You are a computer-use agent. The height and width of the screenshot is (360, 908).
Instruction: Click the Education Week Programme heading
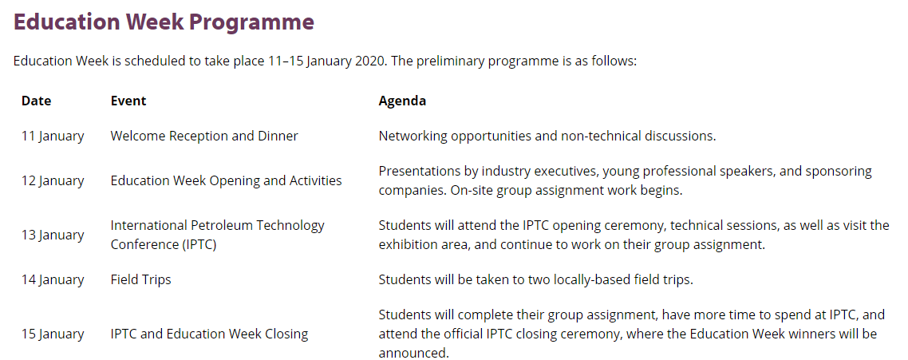[x=164, y=23]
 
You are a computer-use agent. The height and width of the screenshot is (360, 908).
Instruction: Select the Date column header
[x=37, y=101]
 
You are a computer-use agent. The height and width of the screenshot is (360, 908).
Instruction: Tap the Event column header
[x=128, y=101]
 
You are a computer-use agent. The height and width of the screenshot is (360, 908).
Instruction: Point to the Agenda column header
[x=402, y=101]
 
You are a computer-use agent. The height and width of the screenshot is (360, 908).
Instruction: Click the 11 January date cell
[x=53, y=136]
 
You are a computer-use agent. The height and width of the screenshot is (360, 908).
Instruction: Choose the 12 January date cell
[x=53, y=181]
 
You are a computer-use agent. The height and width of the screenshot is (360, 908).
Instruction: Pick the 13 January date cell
[x=53, y=235]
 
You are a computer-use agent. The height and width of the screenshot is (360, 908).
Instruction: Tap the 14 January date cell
[x=53, y=280]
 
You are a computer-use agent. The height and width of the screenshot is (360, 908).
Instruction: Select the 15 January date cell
[x=53, y=334]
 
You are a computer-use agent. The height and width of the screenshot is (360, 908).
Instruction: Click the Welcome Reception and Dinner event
[x=204, y=136]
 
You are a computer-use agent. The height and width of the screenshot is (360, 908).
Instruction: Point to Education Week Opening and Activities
[x=227, y=181]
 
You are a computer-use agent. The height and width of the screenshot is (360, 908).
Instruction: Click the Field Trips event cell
[x=140, y=280]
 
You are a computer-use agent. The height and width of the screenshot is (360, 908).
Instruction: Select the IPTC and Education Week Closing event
[x=210, y=334]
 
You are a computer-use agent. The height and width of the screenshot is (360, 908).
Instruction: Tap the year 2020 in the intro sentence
[x=369, y=61]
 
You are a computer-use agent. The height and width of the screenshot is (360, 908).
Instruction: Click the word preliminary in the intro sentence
[x=454, y=61]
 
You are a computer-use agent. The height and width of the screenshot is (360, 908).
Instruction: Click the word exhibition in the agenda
[x=409, y=244]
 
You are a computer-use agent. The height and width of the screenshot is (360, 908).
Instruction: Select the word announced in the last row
[x=413, y=353]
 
